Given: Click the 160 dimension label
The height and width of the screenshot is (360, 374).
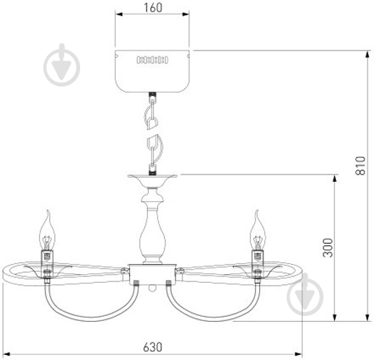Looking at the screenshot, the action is [153, 7].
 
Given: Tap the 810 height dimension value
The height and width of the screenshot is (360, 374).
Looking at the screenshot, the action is [360, 166].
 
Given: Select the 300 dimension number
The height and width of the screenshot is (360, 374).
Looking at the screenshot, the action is [328, 247].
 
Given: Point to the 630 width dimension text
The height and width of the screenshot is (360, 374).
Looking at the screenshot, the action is [152, 347].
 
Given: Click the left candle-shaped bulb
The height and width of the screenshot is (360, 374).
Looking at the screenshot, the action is [47, 231].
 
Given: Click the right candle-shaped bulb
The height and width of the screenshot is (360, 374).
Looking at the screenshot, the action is [258, 230].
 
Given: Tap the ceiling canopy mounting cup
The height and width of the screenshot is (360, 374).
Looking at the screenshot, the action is [152, 71].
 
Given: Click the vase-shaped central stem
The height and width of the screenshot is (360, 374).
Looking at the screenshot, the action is [152, 226].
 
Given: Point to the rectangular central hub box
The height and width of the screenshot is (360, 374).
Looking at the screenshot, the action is [152, 274].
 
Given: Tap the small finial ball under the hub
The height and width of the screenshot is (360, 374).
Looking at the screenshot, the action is [152, 288].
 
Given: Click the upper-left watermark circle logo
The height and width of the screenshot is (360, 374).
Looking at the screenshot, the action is [62, 66].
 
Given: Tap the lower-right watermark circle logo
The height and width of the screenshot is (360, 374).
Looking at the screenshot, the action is [305, 295].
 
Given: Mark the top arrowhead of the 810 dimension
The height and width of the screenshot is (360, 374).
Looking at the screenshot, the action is [367, 55].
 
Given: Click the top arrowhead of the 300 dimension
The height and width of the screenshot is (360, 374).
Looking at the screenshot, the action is [334, 179].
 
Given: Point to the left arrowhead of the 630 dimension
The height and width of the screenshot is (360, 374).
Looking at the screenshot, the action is [6, 354].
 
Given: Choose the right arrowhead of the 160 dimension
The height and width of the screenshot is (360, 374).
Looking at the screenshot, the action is [186, 14].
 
